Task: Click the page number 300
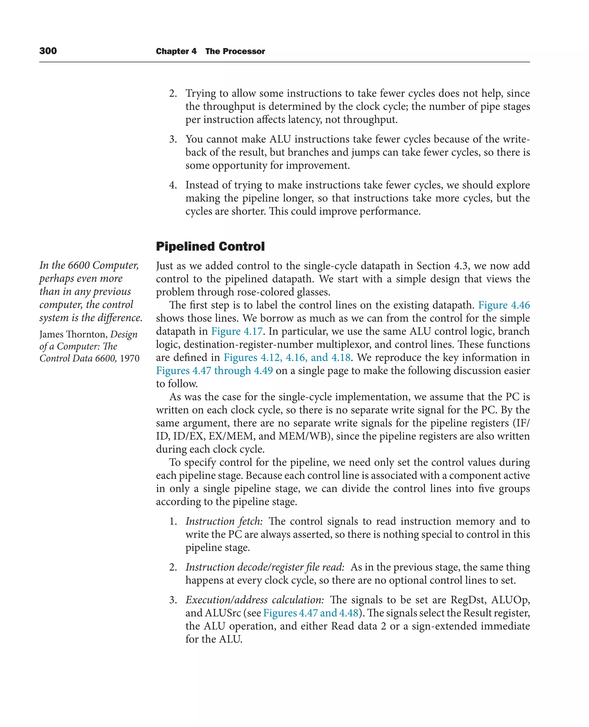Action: coord(48,51)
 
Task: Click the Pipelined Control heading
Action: coord(210,247)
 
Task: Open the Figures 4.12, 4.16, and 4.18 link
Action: coord(287,357)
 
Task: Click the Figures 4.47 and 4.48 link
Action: coord(310,613)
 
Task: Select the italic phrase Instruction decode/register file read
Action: coord(265,567)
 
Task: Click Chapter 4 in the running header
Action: coord(176,51)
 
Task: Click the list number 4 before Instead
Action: coord(172,185)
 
